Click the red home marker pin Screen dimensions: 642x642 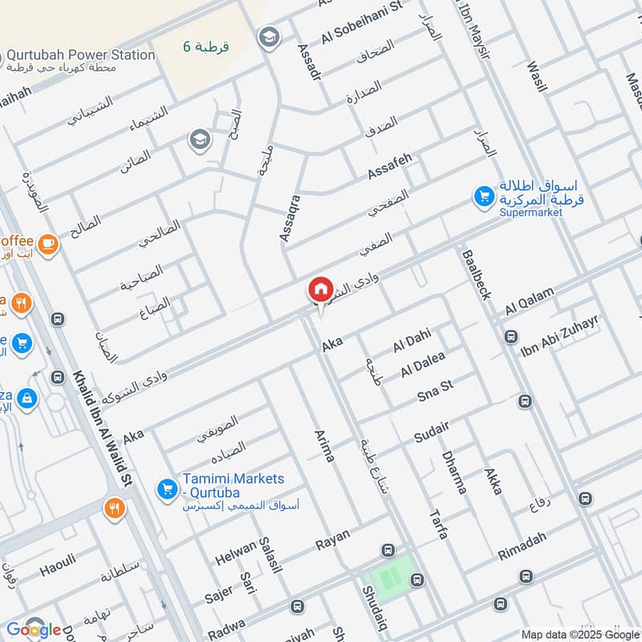tap(320, 290)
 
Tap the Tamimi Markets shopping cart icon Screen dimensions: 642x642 tap(167, 487)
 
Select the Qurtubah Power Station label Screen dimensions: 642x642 tap(80, 55)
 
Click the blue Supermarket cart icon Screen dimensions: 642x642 tap(483, 197)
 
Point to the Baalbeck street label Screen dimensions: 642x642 tap(474, 274)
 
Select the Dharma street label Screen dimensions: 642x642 tap(453, 473)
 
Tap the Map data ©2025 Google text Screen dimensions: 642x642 tap(579, 634)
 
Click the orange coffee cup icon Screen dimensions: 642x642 tap(48, 242)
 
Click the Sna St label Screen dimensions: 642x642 tap(435, 388)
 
